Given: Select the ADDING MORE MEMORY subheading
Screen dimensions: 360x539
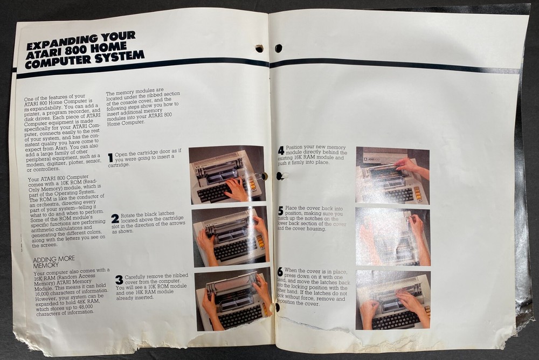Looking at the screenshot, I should click(53, 261).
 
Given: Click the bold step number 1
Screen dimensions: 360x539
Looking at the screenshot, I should click(110, 157).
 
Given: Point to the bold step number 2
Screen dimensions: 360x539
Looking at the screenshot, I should click(115, 218).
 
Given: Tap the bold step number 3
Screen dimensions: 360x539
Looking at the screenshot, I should click(119, 280).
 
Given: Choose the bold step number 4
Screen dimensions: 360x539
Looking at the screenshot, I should click(281, 150).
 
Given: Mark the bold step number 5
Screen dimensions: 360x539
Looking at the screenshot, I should click(280, 211).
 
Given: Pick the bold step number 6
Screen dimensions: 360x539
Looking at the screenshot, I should click(280, 272).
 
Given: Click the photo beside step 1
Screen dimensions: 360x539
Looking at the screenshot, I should click(226, 174).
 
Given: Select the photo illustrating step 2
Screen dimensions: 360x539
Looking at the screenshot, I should click(230, 236).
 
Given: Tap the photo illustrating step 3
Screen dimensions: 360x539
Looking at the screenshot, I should click(233, 299).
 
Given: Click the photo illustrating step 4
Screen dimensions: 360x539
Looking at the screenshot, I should click(392, 176).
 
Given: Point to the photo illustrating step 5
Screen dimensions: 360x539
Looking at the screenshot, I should click(392, 237).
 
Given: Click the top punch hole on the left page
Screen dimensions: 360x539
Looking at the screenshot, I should click(259, 49).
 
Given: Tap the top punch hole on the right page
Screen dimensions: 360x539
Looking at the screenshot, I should click(278, 49).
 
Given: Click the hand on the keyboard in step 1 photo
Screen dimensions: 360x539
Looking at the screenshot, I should click(236, 189).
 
